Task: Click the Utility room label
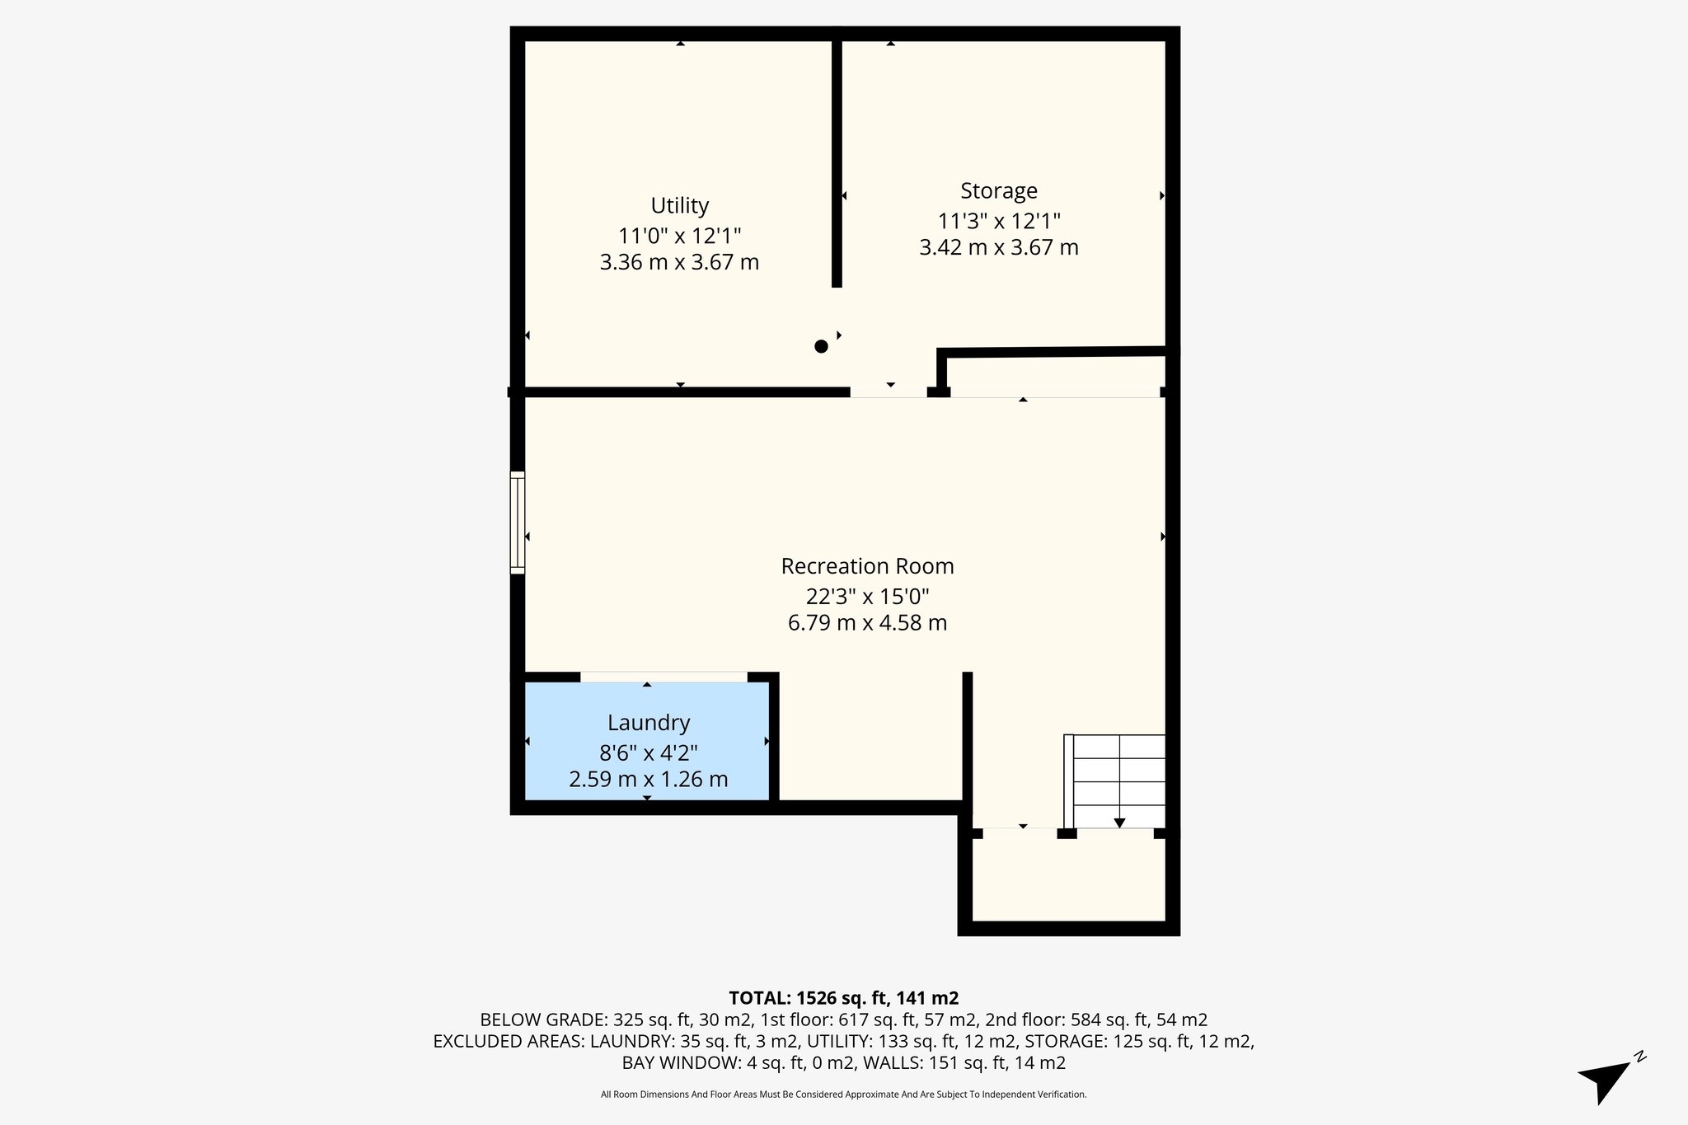point(679,205)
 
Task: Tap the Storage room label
point(998,190)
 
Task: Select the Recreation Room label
point(867,566)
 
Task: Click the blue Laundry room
point(648,742)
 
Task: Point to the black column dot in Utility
point(821,346)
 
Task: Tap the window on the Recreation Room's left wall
point(518,523)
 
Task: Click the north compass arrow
point(1602,1082)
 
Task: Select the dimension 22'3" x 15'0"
point(867,596)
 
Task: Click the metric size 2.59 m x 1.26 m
point(648,779)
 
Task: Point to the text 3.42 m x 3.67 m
point(998,247)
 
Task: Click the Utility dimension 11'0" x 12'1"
point(679,236)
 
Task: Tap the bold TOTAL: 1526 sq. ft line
point(843,998)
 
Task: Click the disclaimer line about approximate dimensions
point(843,1095)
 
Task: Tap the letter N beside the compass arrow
point(1640,1056)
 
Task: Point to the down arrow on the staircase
point(1119,822)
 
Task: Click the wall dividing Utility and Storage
point(837,165)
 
